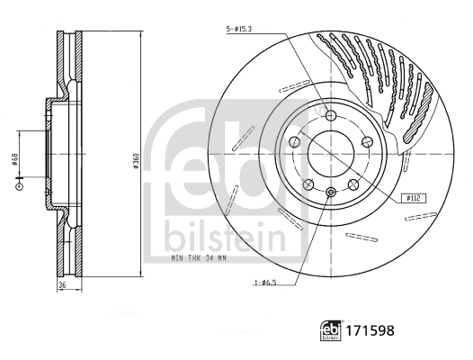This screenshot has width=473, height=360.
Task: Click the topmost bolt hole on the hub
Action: click(x=330, y=114)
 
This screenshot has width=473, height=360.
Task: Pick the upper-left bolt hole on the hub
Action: click(x=294, y=141)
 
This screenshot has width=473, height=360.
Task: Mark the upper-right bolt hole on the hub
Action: click(x=367, y=141)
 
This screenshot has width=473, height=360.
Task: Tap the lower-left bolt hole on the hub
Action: click(x=308, y=184)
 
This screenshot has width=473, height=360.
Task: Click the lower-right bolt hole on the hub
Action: click(x=353, y=184)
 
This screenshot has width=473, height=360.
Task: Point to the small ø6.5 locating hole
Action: click(x=330, y=192)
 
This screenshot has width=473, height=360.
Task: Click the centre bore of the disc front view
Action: click(x=330, y=153)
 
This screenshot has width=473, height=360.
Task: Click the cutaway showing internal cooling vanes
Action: click(x=378, y=76)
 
